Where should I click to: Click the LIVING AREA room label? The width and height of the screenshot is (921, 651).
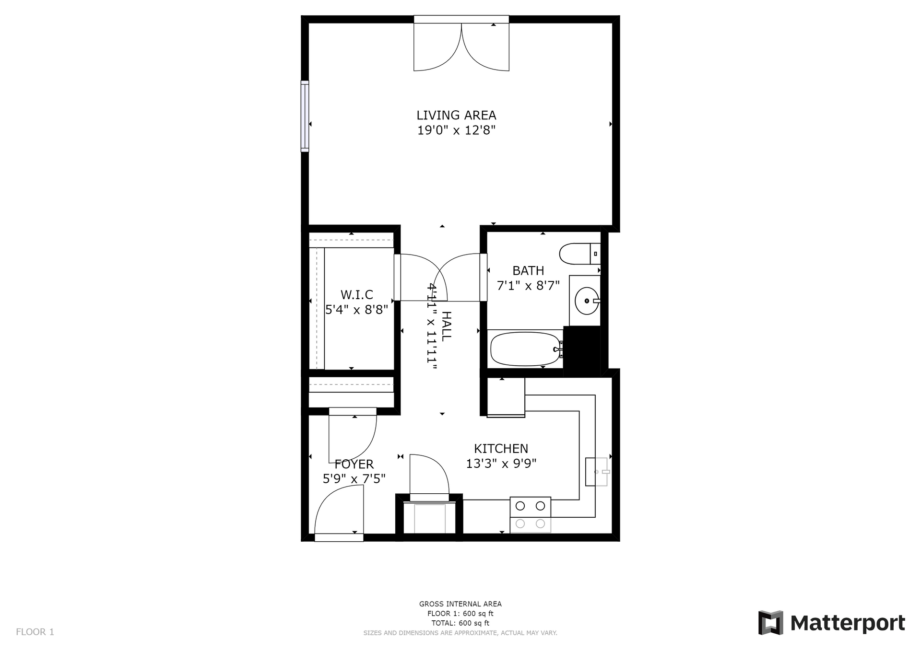click(x=456, y=115)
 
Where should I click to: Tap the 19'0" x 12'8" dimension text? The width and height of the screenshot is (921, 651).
click(x=456, y=130)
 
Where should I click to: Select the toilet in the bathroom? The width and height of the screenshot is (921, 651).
click(x=580, y=254)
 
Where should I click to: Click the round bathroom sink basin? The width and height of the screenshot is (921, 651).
click(x=587, y=301)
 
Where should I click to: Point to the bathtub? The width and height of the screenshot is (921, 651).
click(x=525, y=349)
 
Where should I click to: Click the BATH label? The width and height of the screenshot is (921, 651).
click(x=528, y=271)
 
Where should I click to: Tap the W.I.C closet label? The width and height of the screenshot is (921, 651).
click(x=356, y=295)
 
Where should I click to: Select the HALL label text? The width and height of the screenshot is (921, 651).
click(x=446, y=326)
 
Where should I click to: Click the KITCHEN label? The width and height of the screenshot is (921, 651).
click(x=501, y=449)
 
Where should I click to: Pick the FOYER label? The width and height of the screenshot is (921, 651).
click(x=354, y=464)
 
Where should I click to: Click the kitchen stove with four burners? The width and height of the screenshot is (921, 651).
click(x=530, y=515)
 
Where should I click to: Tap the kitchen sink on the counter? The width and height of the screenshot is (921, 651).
click(x=597, y=472)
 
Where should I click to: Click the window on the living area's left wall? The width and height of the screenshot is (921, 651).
click(x=305, y=116)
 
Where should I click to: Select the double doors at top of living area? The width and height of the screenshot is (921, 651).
click(x=461, y=43)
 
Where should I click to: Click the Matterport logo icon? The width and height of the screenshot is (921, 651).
click(x=770, y=623)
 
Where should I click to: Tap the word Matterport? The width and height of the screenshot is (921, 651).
click(x=848, y=623)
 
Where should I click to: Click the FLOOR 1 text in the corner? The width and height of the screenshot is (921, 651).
click(x=35, y=632)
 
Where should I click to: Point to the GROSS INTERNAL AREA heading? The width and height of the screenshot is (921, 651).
click(x=460, y=604)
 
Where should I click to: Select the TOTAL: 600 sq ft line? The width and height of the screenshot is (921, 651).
click(x=460, y=623)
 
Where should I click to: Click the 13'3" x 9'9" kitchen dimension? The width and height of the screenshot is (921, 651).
click(x=501, y=464)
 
